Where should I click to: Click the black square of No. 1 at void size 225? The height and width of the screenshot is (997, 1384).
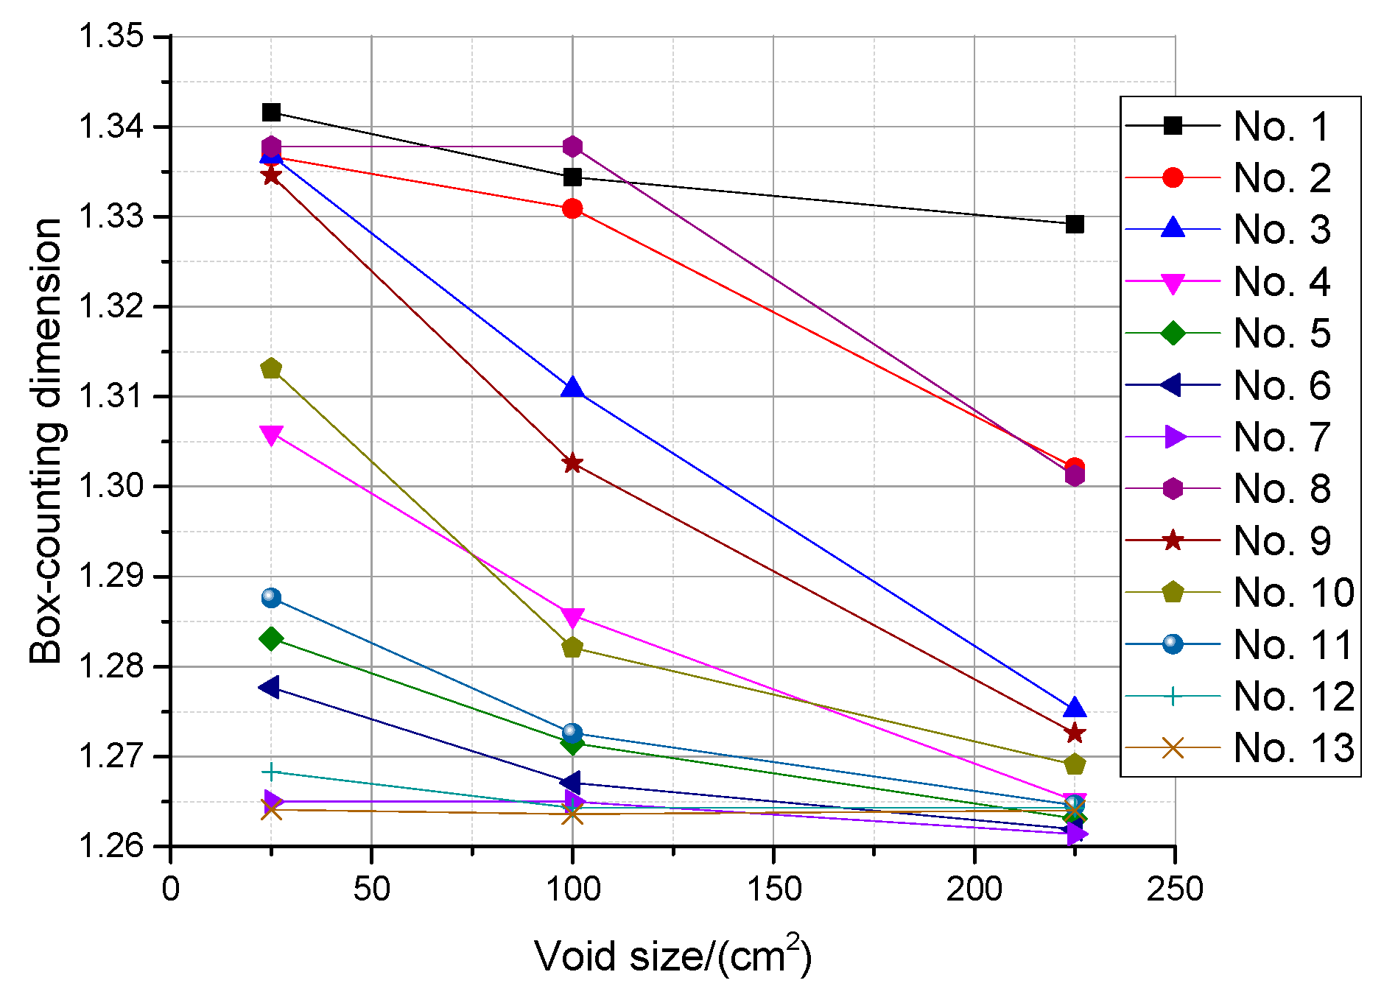point(1075,224)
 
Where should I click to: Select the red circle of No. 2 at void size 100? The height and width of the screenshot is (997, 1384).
point(572,209)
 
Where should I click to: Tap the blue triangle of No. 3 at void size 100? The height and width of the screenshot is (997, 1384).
point(572,388)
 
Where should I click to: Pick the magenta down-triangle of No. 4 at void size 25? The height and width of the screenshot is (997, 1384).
point(271,435)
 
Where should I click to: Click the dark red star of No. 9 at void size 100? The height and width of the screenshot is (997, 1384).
point(572,463)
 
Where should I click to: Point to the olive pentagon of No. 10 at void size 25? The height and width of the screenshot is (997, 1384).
point(271,368)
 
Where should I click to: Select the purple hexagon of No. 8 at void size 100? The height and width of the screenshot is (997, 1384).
point(572,147)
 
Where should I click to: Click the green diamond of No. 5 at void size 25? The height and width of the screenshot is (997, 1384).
point(271,638)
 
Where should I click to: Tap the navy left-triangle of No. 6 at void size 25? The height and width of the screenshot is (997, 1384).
point(270,687)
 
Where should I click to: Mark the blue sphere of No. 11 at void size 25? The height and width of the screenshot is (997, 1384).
point(271,597)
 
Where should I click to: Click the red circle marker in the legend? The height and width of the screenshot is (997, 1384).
point(1172,177)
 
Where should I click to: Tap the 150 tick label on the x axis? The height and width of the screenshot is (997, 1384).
point(773,889)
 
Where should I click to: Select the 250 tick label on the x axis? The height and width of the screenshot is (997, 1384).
point(1174,889)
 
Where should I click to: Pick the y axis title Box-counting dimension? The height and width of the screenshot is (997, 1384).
point(46,440)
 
